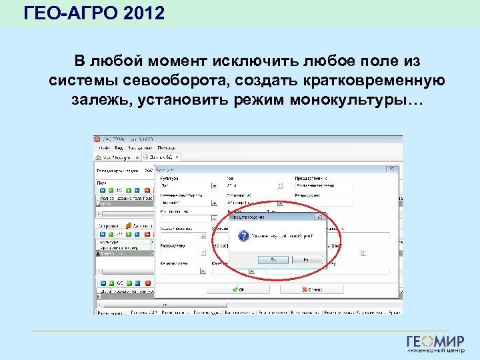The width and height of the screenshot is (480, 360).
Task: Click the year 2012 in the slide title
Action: point(143,13)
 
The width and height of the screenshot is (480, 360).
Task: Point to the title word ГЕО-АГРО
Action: point(70,13)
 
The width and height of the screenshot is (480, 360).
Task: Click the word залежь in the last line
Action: point(99,100)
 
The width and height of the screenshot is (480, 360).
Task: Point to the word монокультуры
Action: point(357,100)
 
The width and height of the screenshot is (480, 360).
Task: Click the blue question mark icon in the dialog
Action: point(244,237)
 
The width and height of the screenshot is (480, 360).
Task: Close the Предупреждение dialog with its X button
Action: point(321,217)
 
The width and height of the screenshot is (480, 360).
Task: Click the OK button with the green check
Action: point(240,290)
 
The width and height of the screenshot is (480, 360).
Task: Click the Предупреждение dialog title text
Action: point(248,217)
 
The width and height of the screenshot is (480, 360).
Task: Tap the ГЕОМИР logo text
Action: point(435,341)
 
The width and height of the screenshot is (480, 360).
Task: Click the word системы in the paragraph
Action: point(83,81)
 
